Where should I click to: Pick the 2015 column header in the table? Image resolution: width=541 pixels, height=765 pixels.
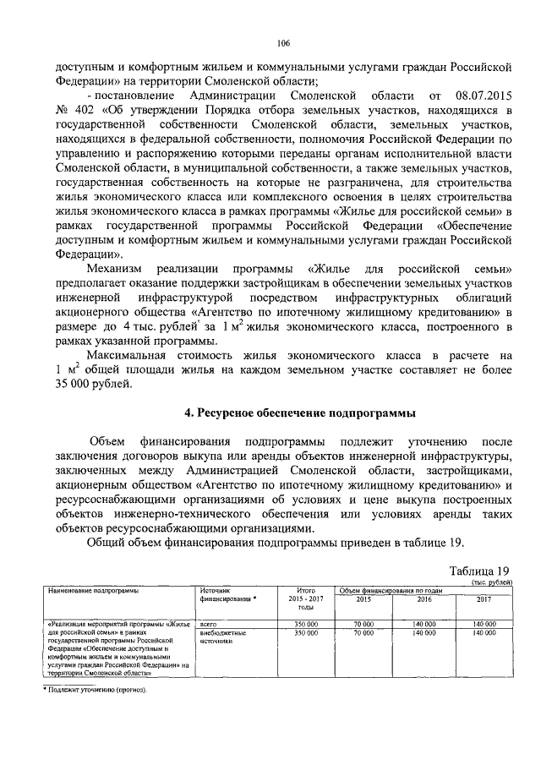363,599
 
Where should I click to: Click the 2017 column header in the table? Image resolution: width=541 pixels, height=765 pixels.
484,599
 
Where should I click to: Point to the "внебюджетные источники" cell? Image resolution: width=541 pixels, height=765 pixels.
222,637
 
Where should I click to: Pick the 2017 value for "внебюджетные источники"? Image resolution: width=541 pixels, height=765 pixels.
484,632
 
